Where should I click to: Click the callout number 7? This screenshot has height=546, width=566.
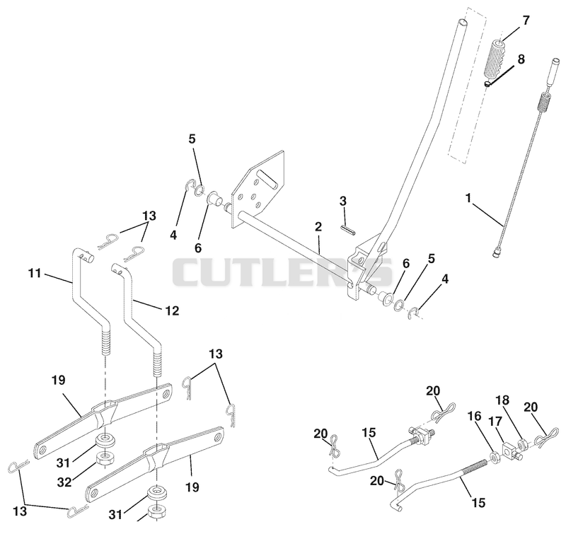[x=526, y=21]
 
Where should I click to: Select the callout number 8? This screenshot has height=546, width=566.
[x=521, y=59]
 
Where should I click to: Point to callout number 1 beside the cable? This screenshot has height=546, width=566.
[x=468, y=198]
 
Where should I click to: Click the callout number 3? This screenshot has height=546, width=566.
[x=343, y=201]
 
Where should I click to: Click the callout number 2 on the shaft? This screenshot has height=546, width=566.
[x=318, y=226]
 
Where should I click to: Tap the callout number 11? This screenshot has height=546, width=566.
[x=35, y=273]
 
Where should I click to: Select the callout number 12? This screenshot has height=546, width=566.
[x=172, y=310]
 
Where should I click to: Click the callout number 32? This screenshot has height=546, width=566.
[x=64, y=482]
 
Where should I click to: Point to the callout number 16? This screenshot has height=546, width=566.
[x=475, y=416]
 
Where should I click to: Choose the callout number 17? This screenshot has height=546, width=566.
[x=495, y=421]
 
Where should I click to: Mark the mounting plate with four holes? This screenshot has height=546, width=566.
[x=258, y=189]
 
